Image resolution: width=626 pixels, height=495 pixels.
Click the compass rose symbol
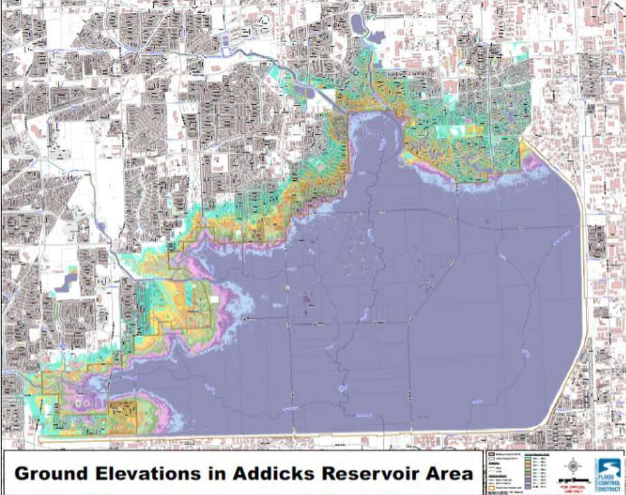point(573,466)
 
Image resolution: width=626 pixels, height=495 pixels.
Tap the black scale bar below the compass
point(574,481)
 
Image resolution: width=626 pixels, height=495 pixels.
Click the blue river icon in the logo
point(610,466)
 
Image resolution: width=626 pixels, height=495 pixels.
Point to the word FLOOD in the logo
point(609,477)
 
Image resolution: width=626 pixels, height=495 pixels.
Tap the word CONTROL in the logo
point(609,483)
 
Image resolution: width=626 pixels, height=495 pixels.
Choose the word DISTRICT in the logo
point(609,489)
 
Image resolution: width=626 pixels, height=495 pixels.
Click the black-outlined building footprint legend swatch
point(492,454)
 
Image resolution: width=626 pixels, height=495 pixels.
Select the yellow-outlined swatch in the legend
point(492,488)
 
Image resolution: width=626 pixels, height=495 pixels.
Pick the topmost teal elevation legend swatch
point(528,459)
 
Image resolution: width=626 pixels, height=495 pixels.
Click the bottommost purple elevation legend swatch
point(528,487)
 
